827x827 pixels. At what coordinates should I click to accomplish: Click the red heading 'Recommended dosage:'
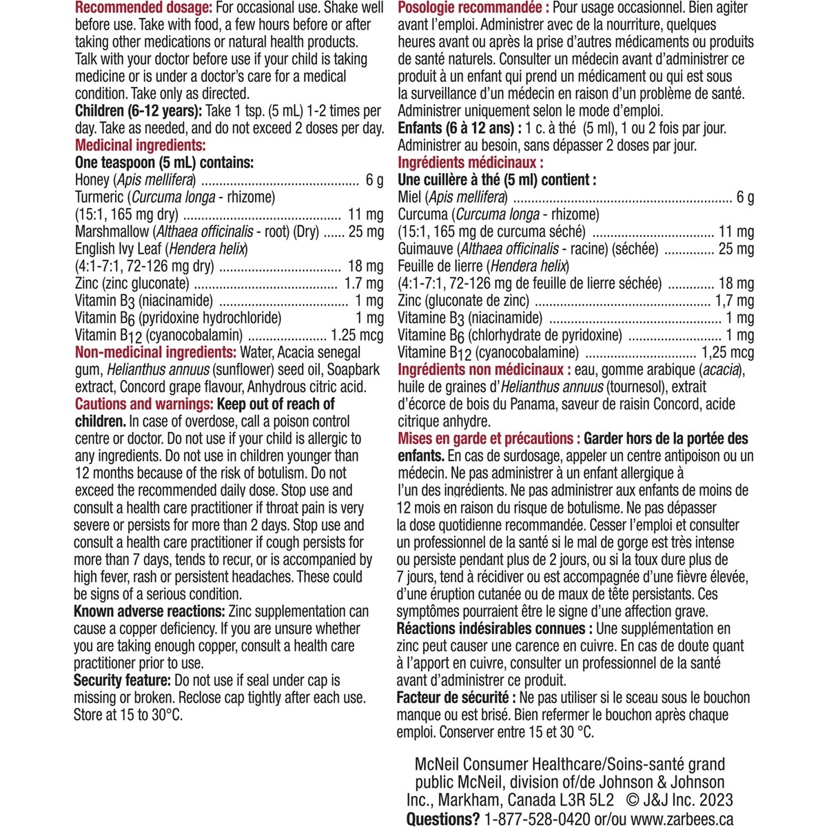143,8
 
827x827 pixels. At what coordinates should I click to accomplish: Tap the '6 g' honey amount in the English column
374,181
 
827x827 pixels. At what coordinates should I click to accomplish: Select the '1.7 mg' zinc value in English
363,283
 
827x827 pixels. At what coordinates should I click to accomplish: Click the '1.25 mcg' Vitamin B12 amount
357,336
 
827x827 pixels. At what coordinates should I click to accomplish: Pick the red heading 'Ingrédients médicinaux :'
471,163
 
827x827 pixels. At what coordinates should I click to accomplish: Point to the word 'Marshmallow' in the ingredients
112,232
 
